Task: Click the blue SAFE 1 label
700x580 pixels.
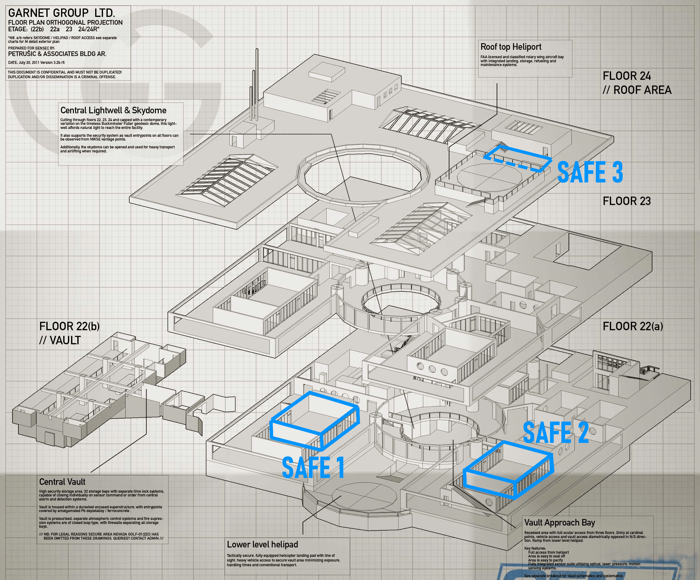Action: [313, 467]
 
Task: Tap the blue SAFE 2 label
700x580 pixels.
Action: [556, 432]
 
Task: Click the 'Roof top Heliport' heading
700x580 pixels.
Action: [511, 47]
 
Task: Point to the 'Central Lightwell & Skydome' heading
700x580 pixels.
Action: [113, 110]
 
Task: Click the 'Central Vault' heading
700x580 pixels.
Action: [62, 482]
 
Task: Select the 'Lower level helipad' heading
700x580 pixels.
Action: [262, 544]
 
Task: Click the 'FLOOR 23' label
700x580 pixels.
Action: [627, 201]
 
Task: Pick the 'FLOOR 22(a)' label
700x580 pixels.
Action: [633, 326]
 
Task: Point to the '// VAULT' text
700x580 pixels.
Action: [60, 340]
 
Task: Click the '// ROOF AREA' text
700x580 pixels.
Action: [637, 90]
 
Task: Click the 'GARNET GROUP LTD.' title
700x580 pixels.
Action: [62, 13]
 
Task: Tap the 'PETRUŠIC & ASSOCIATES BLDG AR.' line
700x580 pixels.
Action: [57, 54]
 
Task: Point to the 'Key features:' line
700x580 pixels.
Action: [535, 548]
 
